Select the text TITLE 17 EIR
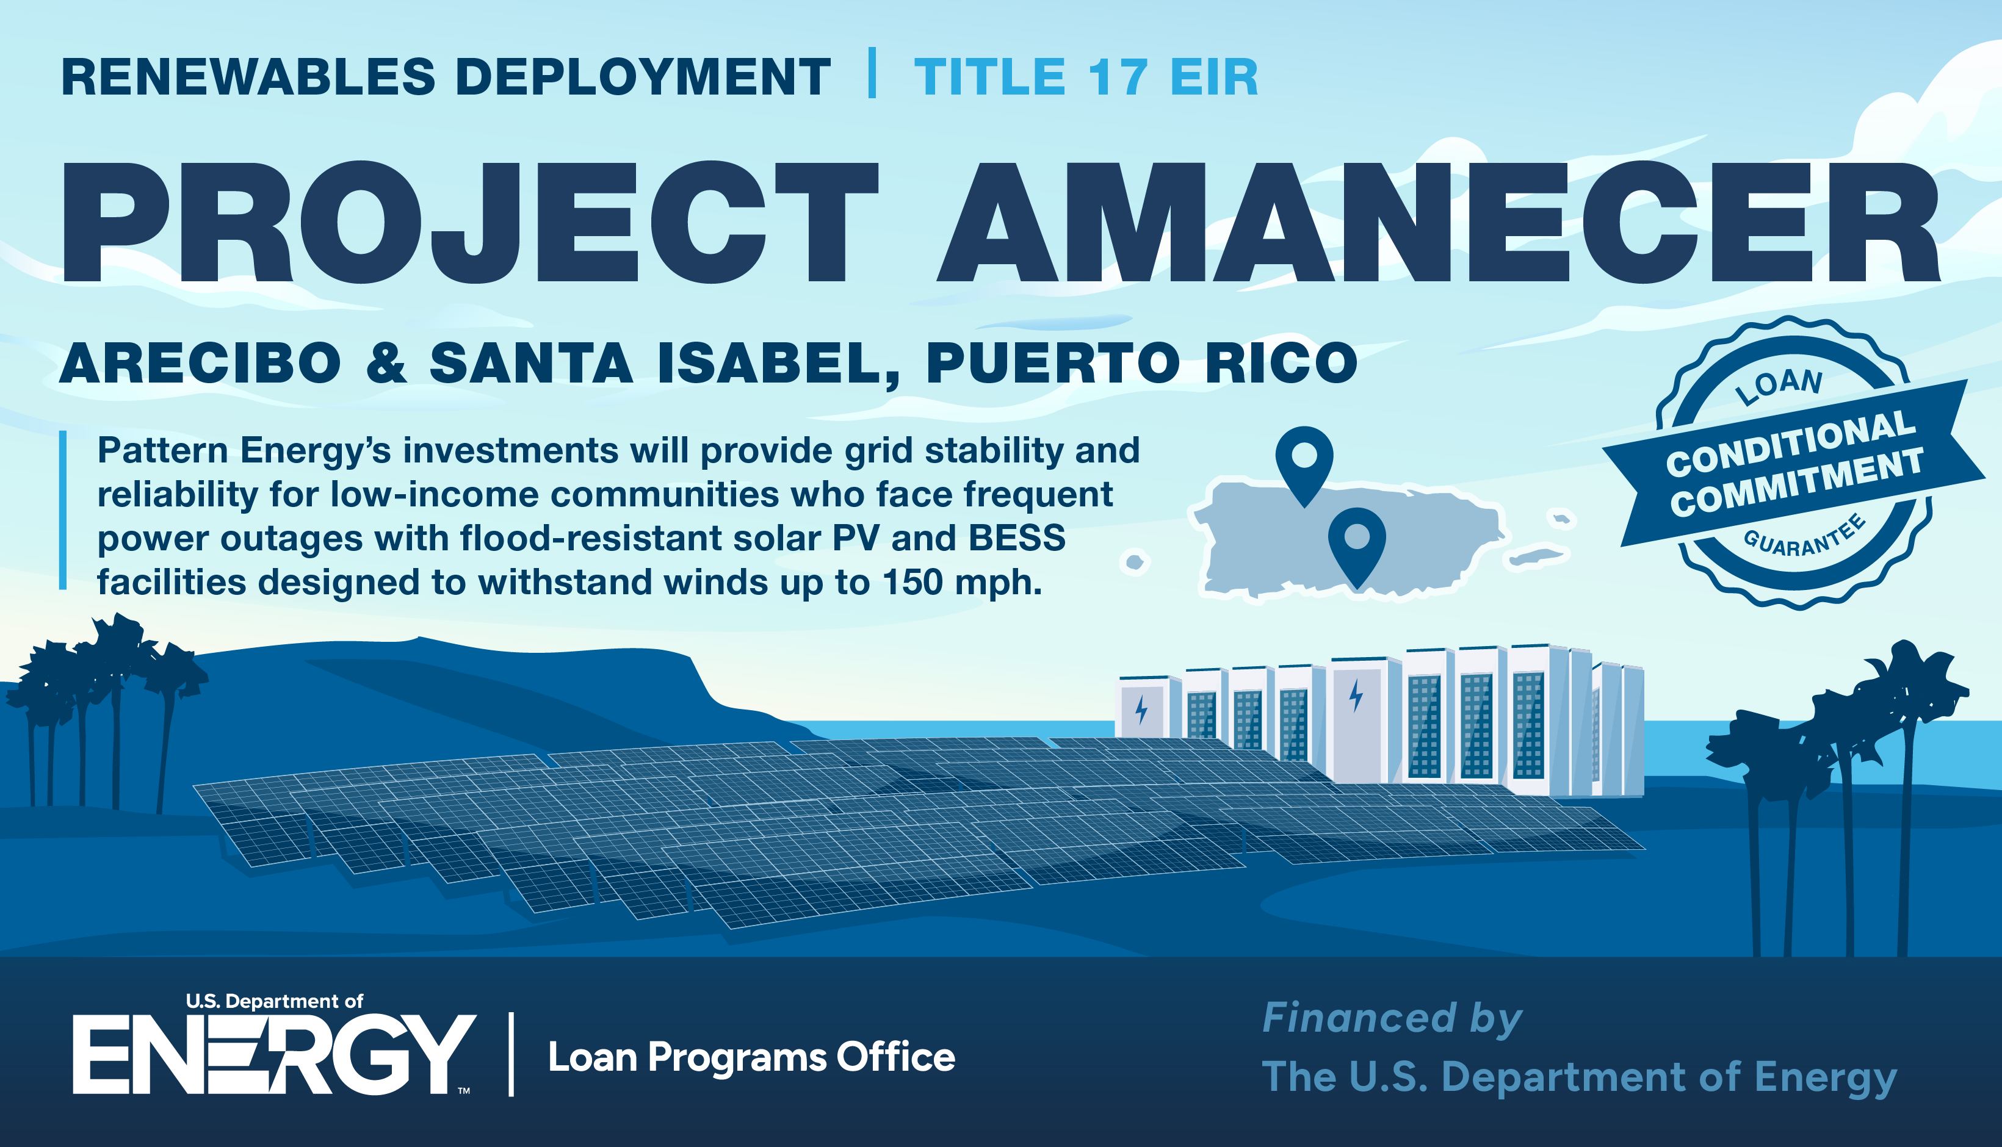click(x=1086, y=77)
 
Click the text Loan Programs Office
click(x=751, y=1058)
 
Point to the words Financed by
click(x=1392, y=1019)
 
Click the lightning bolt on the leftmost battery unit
click(x=1141, y=710)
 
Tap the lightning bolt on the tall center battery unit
click(x=1356, y=696)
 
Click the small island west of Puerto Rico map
click(x=1135, y=562)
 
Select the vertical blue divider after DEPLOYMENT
click(x=872, y=73)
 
